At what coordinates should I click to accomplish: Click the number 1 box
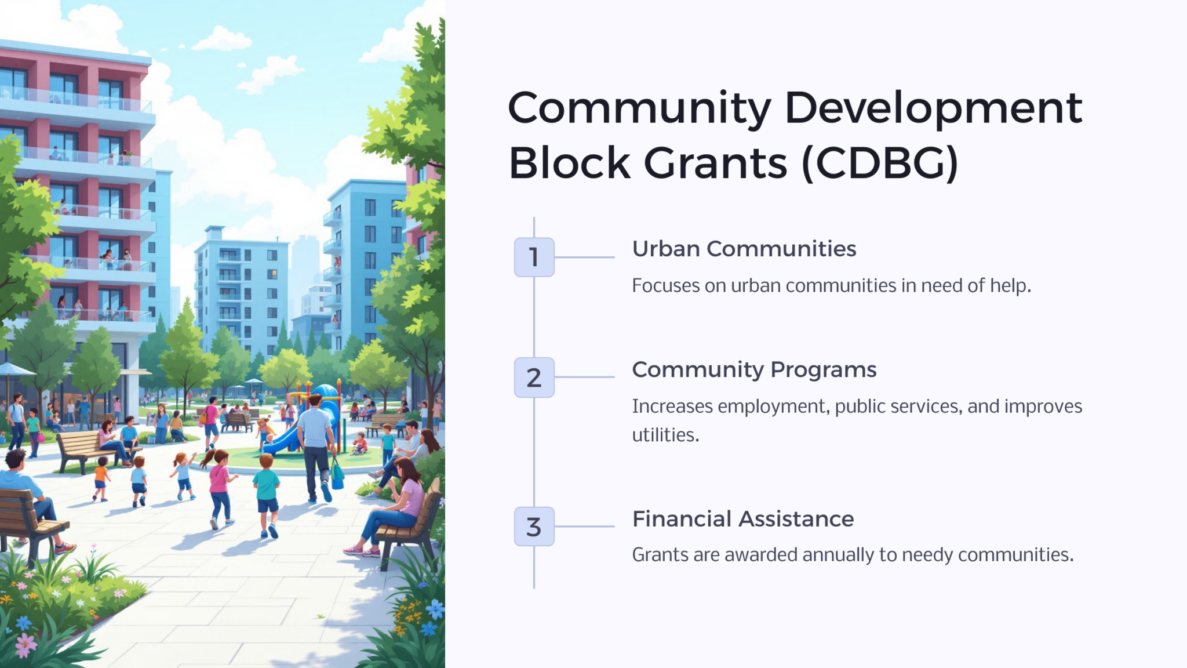[x=534, y=257]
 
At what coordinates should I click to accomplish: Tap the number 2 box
[x=534, y=377]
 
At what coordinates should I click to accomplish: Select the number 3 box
[x=534, y=527]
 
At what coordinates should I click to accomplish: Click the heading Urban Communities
[x=744, y=249]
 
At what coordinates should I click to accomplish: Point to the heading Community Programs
[x=753, y=369]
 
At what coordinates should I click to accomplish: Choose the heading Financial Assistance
[x=742, y=519]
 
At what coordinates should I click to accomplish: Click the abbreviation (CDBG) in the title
[x=880, y=163]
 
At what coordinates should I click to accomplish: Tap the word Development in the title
[x=933, y=108]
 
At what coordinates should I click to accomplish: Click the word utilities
[x=665, y=435]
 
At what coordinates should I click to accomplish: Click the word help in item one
[x=1009, y=286]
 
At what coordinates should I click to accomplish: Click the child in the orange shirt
[x=101, y=479]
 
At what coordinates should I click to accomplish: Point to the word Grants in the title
[x=715, y=163]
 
